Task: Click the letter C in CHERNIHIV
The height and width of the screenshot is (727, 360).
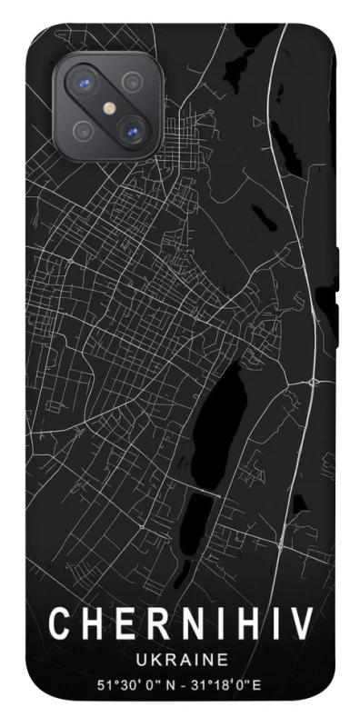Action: pyautogui.click(x=60, y=624)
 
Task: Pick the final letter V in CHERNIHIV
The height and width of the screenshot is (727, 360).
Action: pyautogui.click(x=302, y=624)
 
